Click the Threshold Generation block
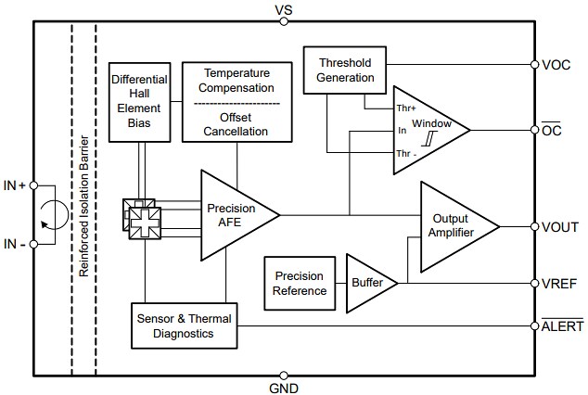(x=345, y=70)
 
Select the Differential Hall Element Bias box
(x=138, y=102)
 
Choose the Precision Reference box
(x=300, y=283)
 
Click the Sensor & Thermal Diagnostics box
(x=182, y=325)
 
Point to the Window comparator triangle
(x=427, y=129)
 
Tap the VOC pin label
(x=556, y=65)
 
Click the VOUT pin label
(x=559, y=226)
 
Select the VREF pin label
(x=559, y=283)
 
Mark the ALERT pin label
(x=562, y=325)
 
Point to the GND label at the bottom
(x=283, y=388)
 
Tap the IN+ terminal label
(x=14, y=185)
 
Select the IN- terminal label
(x=14, y=244)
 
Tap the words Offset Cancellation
(x=236, y=124)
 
